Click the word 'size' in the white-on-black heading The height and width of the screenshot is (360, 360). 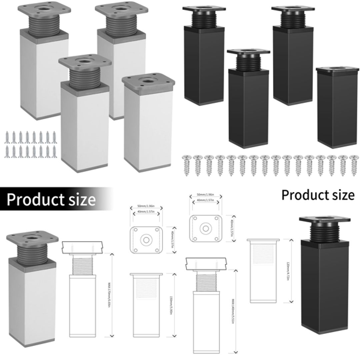77,200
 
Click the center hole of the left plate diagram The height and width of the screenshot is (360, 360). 145,240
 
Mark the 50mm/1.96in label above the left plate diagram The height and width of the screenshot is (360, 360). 146,207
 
